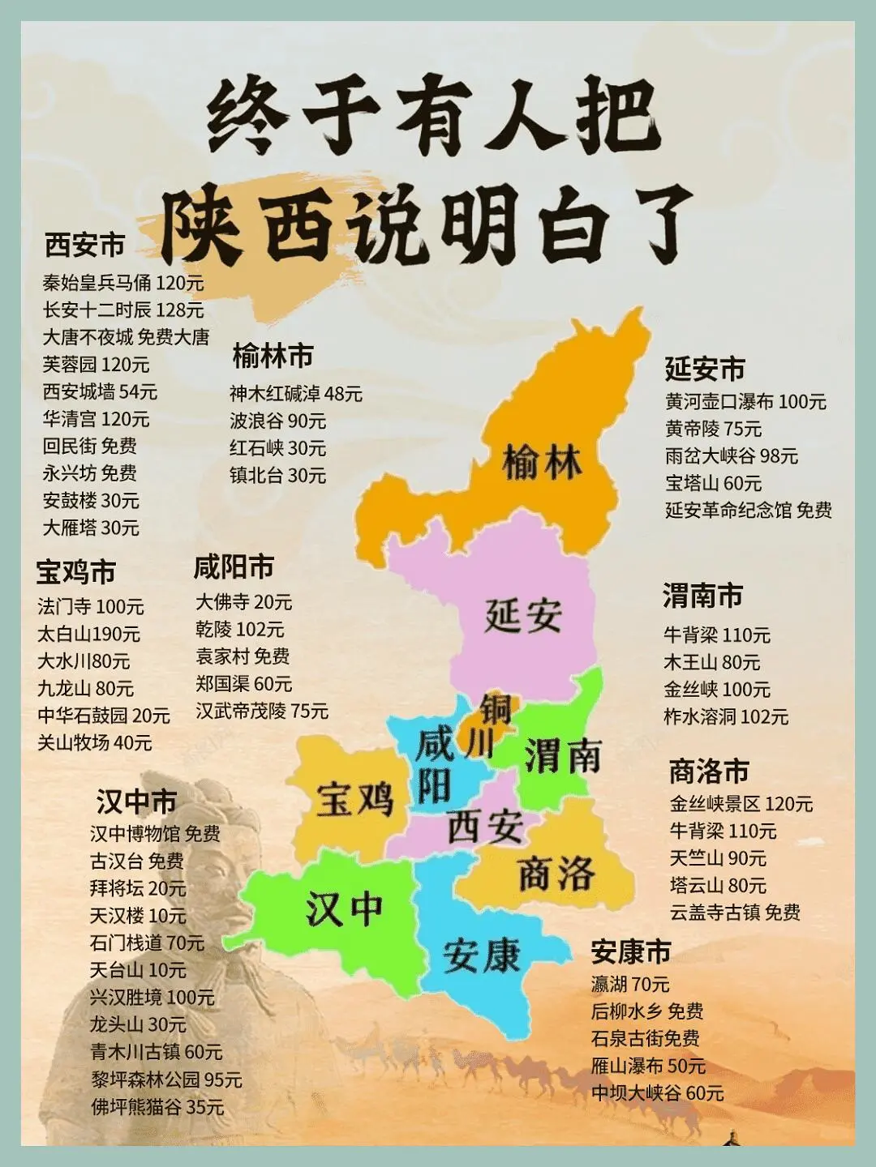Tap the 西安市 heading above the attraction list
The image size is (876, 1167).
(x=84, y=244)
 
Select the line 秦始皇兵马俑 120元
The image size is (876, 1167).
(x=123, y=283)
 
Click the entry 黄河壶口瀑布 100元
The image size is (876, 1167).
(x=745, y=401)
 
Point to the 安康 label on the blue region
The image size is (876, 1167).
(x=481, y=955)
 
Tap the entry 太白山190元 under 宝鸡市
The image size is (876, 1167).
(x=88, y=634)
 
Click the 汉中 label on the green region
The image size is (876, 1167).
(x=344, y=908)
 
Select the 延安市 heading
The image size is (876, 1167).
(x=704, y=369)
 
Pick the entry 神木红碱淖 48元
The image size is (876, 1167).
(x=295, y=394)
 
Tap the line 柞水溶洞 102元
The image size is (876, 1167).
(x=726, y=716)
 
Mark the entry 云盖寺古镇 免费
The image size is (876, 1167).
(x=735, y=913)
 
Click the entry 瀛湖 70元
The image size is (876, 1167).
(x=630, y=984)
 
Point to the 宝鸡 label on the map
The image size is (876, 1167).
(x=354, y=798)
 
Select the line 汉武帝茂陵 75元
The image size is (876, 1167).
(x=262, y=711)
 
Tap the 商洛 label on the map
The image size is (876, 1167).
(x=556, y=873)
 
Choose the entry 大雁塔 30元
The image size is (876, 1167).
(x=91, y=528)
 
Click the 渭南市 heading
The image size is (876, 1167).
(x=702, y=596)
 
